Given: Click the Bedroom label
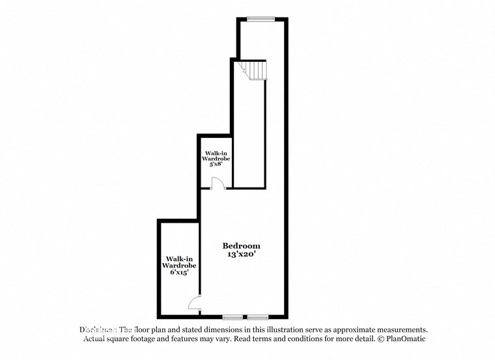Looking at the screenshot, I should tap(241, 245).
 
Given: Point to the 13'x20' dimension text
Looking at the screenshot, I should tap(241, 255).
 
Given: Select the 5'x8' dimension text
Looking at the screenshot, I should tap(216, 165).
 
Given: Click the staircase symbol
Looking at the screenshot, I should tap(254, 69).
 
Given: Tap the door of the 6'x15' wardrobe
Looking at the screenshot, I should tap(194, 302).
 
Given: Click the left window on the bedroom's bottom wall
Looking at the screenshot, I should tap(233, 318).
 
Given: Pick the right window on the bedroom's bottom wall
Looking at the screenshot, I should tap(258, 318).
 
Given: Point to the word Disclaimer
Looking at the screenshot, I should tap(98, 330).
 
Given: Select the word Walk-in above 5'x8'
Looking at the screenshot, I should tap(216, 151).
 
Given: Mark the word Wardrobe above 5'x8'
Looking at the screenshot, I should tap(216, 158).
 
